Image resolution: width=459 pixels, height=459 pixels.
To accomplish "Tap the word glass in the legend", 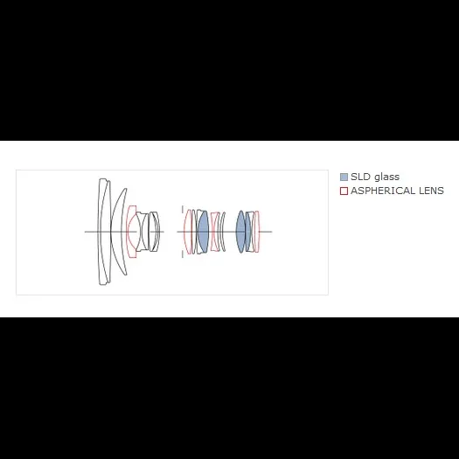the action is click(x=387, y=177).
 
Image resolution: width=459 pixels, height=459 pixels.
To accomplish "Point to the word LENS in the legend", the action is click(x=432, y=191).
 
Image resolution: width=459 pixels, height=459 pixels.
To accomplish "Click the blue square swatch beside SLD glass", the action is click(x=344, y=177).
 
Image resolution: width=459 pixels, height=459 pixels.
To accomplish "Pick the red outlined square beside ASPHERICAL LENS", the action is click(x=344, y=191).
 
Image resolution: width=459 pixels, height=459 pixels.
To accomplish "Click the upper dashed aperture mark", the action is click(x=183, y=210).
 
